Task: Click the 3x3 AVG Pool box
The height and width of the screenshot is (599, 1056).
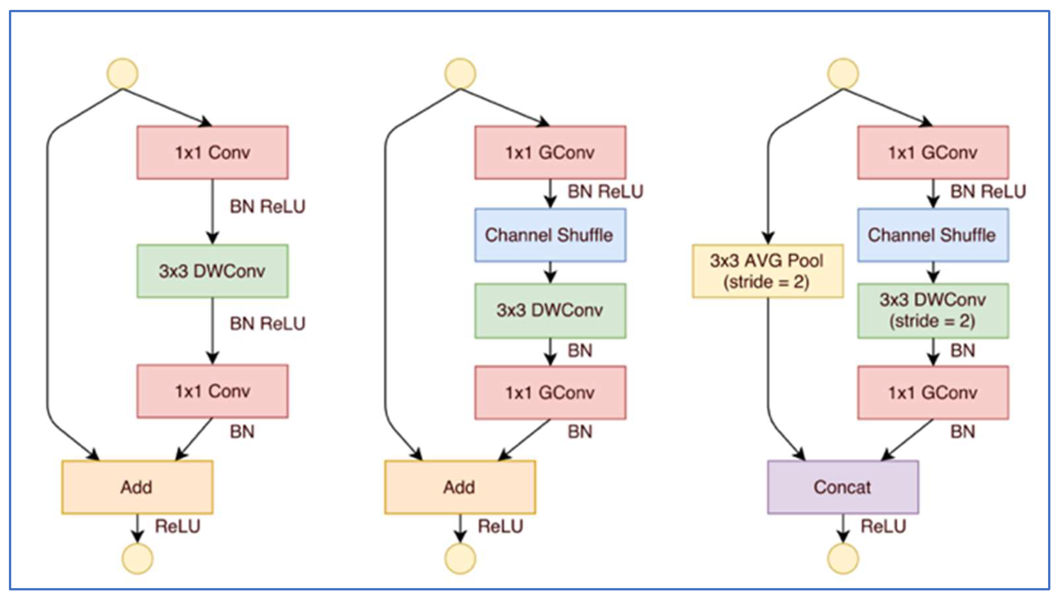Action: tap(767, 271)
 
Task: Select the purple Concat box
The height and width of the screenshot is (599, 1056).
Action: tap(842, 487)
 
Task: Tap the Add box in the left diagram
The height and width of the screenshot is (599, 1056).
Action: tap(137, 487)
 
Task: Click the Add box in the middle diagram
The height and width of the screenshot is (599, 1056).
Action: tap(460, 487)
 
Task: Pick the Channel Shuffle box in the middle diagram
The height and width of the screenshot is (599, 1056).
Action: tap(550, 235)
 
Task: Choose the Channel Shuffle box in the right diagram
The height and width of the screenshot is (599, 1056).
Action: tap(933, 235)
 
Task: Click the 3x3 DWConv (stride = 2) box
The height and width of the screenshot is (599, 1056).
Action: tap(933, 311)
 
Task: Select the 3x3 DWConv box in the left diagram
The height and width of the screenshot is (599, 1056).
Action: tap(212, 271)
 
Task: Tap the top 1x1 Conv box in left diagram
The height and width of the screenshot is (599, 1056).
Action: tap(212, 153)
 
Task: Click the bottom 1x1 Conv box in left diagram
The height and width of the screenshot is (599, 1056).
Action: tap(212, 391)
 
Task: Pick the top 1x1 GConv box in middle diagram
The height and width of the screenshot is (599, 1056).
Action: tap(550, 153)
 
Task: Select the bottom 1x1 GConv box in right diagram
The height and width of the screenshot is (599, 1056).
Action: tap(933, 393)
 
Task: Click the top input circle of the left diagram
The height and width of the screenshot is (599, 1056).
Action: tap(122, 74)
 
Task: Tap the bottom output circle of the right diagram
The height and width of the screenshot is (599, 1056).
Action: tap(842, 558)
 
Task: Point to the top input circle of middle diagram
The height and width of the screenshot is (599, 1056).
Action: tap(460, 74)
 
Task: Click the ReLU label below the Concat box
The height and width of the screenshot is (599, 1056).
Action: tap(883, 526)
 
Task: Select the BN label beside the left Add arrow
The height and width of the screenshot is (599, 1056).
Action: tap(242, 432)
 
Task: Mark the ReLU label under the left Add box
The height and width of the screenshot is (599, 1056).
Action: tap(177, 526)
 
